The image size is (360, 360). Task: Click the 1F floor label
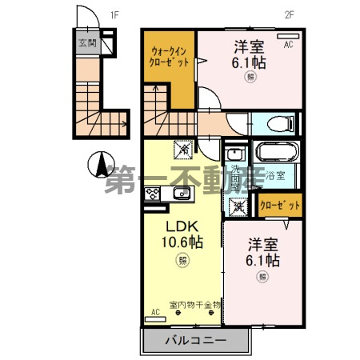[114, 14]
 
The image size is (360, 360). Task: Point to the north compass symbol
[102, 165]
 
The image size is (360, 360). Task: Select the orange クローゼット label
[282, 206]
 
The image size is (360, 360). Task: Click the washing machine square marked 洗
[238, 206]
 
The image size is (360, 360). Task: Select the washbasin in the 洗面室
[234, 154]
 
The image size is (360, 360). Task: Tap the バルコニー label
[195, 340]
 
